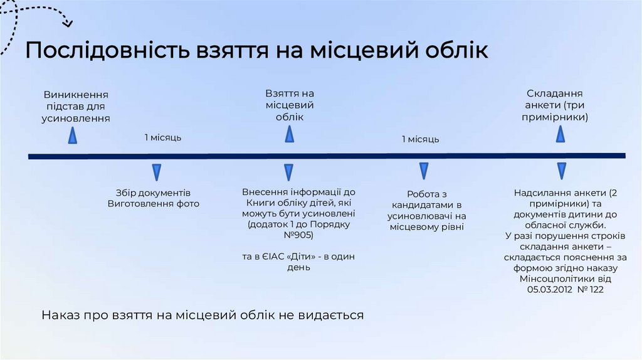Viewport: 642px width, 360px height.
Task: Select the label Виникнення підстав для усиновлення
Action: pyautogui.click(x=76, y=106)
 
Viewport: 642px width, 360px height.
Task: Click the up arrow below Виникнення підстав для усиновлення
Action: pyautogui.click(x=73, y=135)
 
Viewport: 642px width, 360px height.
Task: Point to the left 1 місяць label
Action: pyautogui.click(x=163, y=137)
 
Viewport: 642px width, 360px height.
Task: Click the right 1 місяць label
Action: pyautogui.click(x=421, y=139)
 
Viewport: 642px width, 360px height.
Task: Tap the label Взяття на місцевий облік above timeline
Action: pyautogui.click(x=289, y=105)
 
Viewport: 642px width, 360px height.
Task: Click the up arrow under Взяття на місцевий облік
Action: pyautogui.click(x=289, y=134)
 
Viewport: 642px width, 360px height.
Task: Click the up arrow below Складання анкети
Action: pyautogui.click(x=560, y=134)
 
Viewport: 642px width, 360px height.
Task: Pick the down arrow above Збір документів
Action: pyautogui.click(x=157, y=173)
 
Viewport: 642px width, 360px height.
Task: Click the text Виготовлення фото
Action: pyautogui.click(x=153, y=204)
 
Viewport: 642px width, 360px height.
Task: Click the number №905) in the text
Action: pyautogui.click(x=298, y=235)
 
